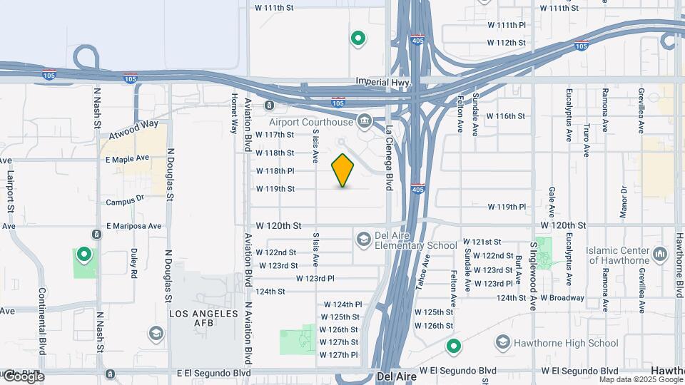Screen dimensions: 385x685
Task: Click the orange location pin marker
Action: (343, 170)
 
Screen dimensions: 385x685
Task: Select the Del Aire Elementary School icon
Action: (363, 238)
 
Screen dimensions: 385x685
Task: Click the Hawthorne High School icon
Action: (503, 343)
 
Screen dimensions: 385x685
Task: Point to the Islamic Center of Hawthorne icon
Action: (659, 252)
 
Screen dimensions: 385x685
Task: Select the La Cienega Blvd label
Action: (390, 158)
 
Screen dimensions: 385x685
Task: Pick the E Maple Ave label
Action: (128, 158)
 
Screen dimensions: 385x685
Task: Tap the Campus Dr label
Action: (125, 202)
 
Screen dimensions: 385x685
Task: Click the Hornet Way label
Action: (233, 114)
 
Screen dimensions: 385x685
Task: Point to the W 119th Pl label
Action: (507, 207)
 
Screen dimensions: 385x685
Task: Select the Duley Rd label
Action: (133, 262)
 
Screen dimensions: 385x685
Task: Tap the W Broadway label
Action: (562, 297)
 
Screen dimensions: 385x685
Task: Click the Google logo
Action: (23, 376)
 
